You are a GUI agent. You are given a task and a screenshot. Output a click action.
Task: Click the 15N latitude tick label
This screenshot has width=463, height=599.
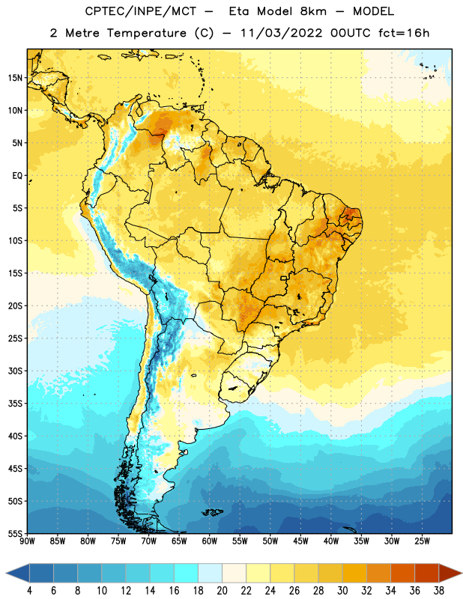pos(15,78)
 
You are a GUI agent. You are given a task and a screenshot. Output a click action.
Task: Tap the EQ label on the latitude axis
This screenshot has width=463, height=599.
pos(17,176)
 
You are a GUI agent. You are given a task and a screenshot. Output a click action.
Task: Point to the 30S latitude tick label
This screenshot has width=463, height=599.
pos(15,371)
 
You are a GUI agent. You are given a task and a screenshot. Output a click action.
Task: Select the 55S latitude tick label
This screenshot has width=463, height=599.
pos(15,533)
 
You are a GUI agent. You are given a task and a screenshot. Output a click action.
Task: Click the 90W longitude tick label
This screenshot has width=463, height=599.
pos(27,541)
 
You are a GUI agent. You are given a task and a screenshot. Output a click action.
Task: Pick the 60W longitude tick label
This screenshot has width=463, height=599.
pos(210,541)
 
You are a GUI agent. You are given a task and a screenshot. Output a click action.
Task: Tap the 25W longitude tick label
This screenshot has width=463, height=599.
pos(422,541)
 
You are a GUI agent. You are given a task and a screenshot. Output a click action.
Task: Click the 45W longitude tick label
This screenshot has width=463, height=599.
pos(300,541)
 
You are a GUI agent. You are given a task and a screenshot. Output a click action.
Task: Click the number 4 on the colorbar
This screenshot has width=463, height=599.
pos(29,591)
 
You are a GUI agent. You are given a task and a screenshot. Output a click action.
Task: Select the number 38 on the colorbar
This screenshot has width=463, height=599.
pos(438,591)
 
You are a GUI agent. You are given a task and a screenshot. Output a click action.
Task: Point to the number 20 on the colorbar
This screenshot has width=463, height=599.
pos(222,591)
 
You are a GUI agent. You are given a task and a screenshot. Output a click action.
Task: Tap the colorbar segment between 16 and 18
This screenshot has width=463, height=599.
pos(186,573)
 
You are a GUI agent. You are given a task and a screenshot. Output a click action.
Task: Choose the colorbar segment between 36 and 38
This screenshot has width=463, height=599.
pos(427,573)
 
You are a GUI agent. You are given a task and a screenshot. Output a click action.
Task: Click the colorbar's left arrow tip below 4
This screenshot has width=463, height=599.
pos(6,573)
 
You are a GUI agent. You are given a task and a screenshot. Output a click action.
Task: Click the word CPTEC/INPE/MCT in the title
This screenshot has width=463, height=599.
pos(141,12)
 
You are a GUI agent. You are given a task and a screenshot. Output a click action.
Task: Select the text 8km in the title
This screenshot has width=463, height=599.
pos(313,11)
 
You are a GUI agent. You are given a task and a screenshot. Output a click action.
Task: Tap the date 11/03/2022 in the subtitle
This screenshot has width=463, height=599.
pos(281,33)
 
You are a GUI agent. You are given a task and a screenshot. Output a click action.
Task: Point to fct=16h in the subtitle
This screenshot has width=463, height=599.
pos(404,33)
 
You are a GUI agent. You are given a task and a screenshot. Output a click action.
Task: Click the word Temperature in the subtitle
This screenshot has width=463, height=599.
pos(146,34)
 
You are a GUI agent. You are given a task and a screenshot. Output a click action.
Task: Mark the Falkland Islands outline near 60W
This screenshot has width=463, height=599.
pos(212,512)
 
